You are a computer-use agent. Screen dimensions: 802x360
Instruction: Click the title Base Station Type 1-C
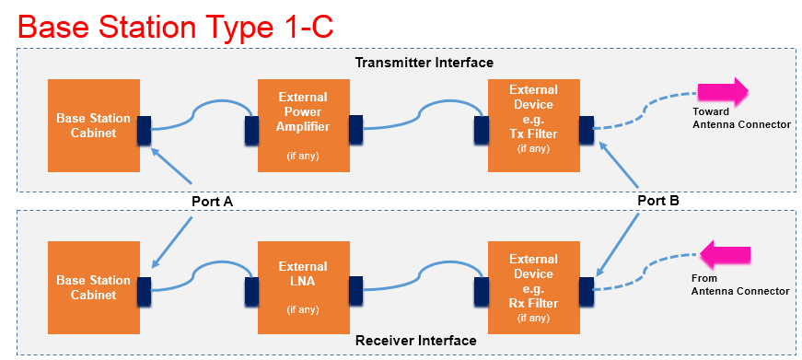click(x=176, y=27)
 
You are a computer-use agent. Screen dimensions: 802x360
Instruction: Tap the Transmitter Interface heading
click(x=424, y=63)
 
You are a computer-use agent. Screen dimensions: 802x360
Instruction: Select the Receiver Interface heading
click(x=416, y=341)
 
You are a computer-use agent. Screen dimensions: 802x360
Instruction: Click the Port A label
click(x=213, y=202)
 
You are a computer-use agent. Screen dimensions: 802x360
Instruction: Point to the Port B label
click(x=658, y=201)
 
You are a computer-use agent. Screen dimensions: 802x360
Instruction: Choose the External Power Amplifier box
click(x=304, y=125)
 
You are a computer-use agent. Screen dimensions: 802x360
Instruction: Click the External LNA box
click(x=304, y=288)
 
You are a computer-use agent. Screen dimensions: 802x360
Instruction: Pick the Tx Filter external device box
click(x=534, y=125)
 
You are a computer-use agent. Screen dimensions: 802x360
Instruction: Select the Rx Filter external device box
click(x=534, y=288)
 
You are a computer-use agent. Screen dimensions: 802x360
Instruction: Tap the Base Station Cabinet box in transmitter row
click(x=94, y=125)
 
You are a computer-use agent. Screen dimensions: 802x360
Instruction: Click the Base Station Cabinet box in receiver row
click(x=94, y=288)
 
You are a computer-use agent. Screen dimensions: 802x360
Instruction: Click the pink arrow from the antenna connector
click(x=725, y=255)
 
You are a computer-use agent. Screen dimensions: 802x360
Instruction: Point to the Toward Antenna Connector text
click(x=741, y=118)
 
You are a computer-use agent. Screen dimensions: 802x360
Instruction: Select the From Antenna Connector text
click(x=739, y=285)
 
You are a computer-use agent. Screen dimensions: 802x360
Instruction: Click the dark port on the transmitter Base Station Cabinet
click(x=145, y=130)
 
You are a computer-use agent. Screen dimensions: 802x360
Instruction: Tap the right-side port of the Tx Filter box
click(x=587, y=130)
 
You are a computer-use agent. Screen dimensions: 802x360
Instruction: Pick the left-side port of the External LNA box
click(x=251, y=292)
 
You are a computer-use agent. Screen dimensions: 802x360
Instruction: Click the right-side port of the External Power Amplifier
click(x=355, y=130)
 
